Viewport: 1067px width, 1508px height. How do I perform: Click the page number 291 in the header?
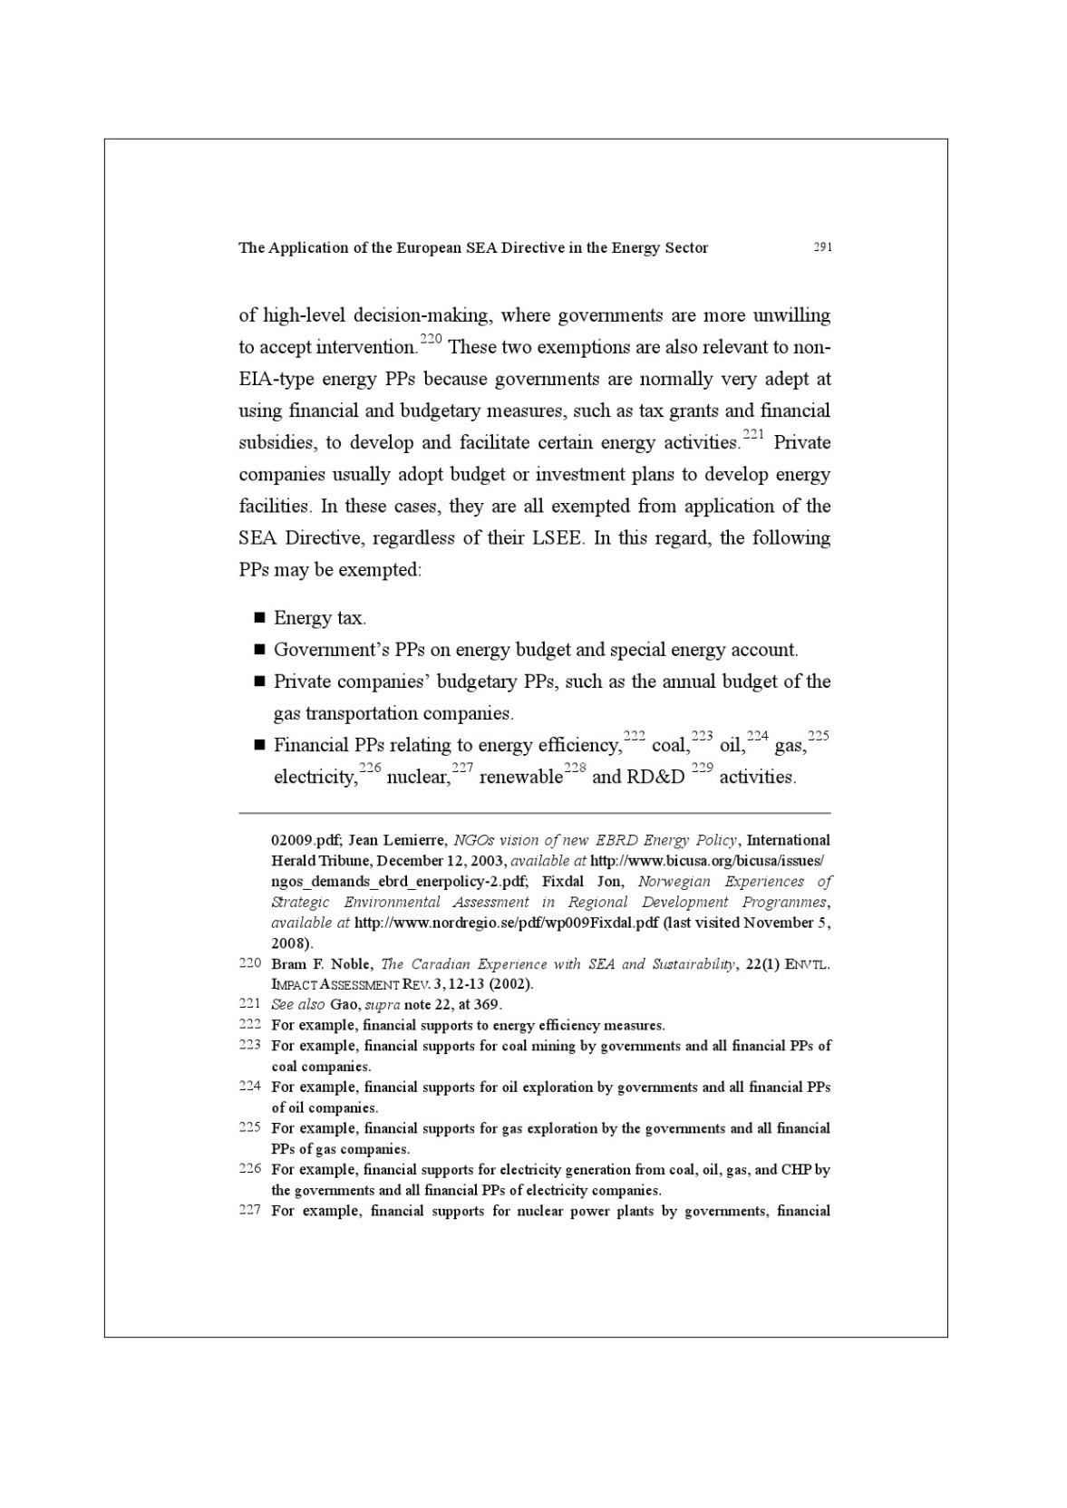[822, 246]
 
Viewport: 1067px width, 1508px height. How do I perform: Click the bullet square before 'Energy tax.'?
[259, 618]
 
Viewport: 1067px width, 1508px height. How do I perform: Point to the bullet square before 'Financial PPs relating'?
[259, 745]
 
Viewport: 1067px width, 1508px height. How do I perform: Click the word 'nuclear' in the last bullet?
[418, 778]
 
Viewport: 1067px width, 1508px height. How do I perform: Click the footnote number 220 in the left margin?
[250, 963]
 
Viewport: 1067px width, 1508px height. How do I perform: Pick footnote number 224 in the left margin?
[250, 1087]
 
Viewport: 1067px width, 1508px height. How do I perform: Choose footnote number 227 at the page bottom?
[250, 1211]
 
